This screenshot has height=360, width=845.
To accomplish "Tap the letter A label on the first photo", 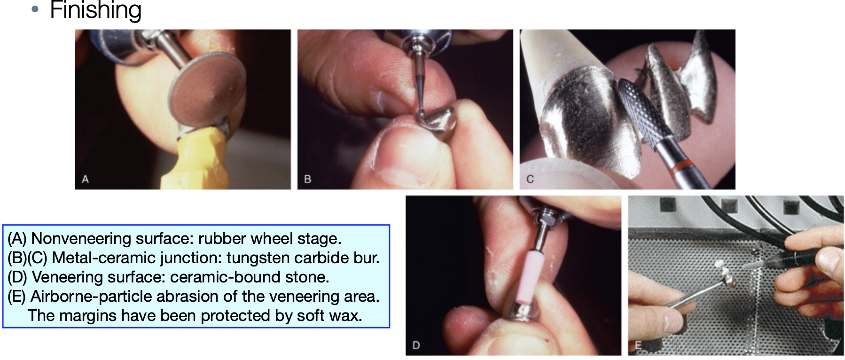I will click(85, 179).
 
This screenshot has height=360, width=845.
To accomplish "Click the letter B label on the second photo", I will click(308, 179).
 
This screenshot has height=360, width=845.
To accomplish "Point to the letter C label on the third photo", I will click(530, 179).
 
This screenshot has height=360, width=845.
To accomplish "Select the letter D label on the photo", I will click(416, 345).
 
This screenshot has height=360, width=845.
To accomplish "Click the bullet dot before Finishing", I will click(35, 9).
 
